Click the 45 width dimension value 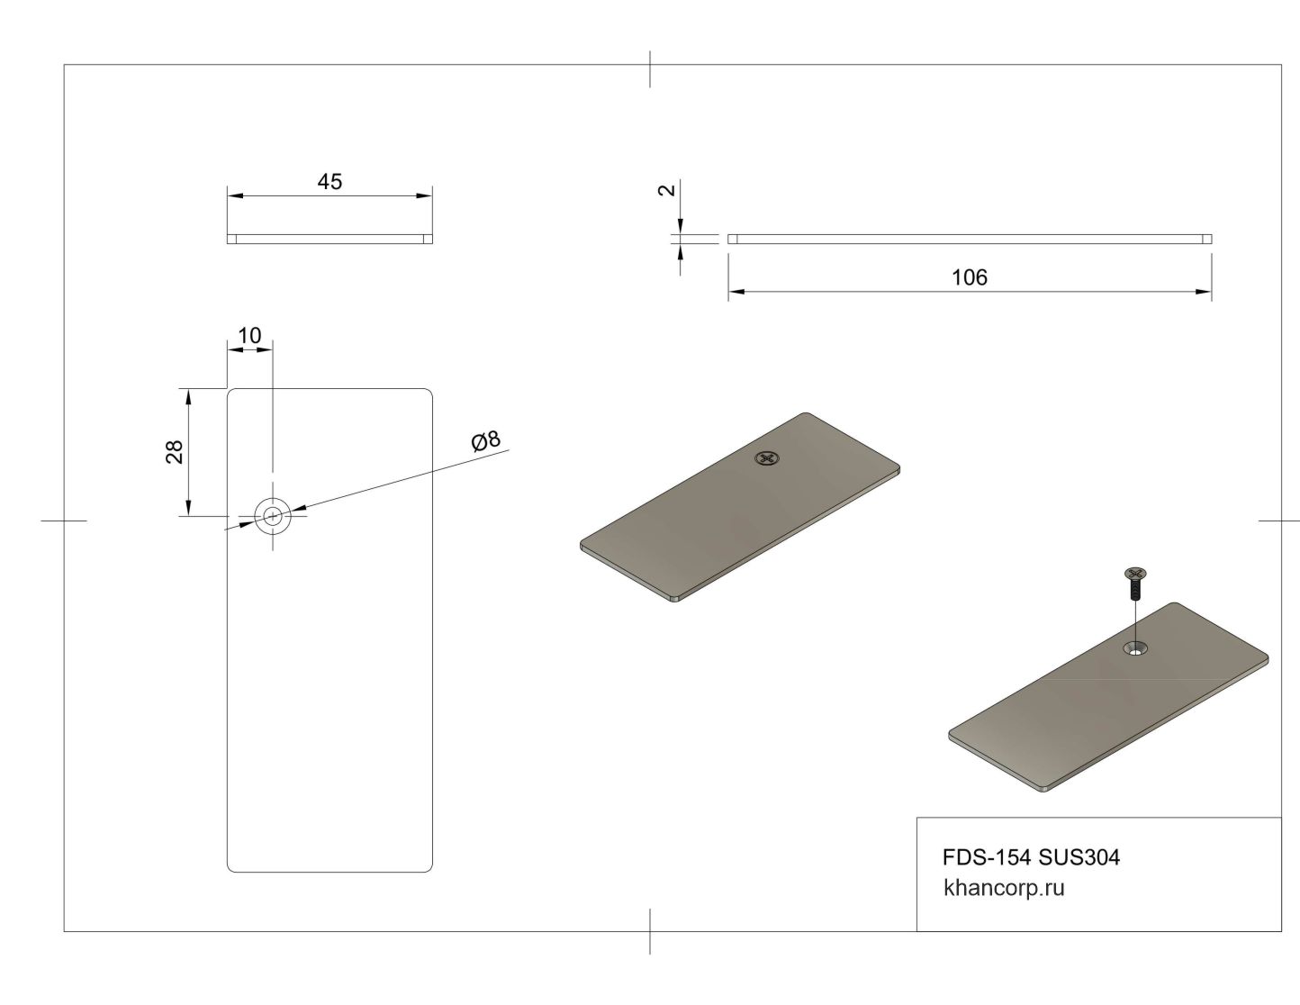[x=330, y=182]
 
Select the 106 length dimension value [x=969, y=277]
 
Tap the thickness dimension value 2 [x=666, y=190]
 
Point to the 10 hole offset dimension [x=249, y=336]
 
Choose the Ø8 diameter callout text [x=485, y=441]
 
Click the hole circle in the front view [x=272, y=516]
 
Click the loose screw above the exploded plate [x=1135, y=584]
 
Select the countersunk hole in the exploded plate [x=1137, y=647]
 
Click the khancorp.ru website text [x=1004, y=888]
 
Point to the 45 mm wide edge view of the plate [x=330, y=240]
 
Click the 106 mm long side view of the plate [x=969, y=239]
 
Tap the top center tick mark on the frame [x=650, y=69]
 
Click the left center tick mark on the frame [x=64, y=521]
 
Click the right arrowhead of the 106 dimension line [x=1204, y=292]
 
